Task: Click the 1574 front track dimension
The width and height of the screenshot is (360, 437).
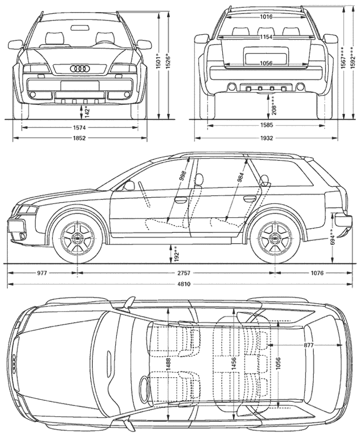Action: [79, 128]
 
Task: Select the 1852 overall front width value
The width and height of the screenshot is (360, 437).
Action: [79, 137]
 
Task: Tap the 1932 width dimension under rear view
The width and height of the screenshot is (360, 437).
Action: [266, 137]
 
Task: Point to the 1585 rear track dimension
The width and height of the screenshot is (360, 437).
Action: [266, 125]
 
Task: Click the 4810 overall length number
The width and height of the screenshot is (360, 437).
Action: [184, 284]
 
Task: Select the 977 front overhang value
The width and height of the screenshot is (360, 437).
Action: [42, 273]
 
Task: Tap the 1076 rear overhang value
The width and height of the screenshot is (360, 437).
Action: [317, 273]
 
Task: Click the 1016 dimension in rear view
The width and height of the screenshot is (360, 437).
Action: [266, 17]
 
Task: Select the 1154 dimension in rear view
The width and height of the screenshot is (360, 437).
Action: [266, 37]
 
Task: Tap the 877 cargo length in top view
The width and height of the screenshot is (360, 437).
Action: [309, 345]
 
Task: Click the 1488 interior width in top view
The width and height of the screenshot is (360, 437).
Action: [168, 364]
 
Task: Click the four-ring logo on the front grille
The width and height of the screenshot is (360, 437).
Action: [80, 68]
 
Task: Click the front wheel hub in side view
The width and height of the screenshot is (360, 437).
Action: [77, 238]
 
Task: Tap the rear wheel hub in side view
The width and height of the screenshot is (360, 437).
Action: [275, 238]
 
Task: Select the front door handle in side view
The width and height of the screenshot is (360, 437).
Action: [181, 199]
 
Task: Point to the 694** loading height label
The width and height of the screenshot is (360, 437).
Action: [332, 238]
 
